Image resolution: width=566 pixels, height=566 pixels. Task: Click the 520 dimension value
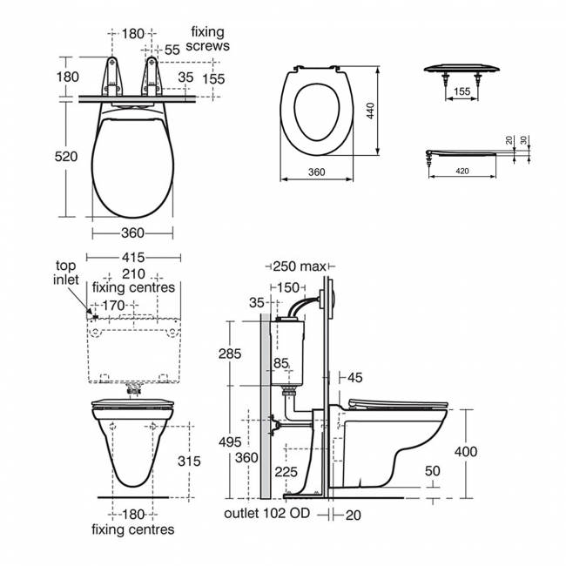point(67,157)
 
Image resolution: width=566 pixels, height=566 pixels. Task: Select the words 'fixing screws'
point(210,39)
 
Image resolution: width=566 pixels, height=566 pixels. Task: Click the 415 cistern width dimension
point(132,257)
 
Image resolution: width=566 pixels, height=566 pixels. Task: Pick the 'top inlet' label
point(67,273)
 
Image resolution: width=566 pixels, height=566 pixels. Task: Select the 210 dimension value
point(132,273)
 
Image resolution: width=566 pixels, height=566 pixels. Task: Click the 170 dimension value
point(113,305)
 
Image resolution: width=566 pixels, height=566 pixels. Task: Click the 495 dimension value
point(229,443)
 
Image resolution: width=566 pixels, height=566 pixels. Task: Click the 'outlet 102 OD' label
point(267,513)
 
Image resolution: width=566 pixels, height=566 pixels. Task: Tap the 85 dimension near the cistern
point(281,362)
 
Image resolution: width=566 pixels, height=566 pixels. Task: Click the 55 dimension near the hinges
point(172,51)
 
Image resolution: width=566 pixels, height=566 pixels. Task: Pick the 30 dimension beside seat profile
point(523,140)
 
